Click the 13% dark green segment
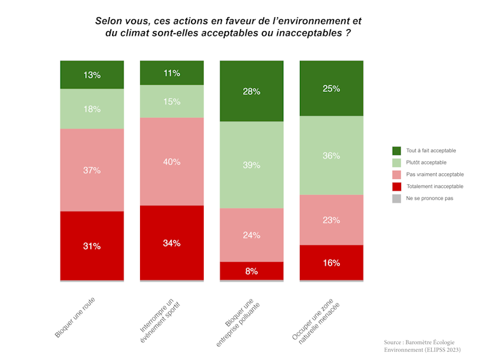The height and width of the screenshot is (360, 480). [x=92, y=75]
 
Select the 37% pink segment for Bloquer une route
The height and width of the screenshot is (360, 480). [x=92, y=170]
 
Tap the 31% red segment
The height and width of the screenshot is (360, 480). [x=92, y=245]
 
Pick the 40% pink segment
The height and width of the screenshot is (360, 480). [x=171, y=162]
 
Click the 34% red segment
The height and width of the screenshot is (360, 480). [x=171, y=243]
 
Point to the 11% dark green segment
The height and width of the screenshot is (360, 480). [x=171, y=73]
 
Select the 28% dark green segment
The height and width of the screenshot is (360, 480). [x=251, y=91]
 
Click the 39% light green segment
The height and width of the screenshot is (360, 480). [x=251, y=165]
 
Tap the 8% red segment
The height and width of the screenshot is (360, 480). [x=251, y=271]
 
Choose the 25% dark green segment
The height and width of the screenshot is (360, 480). [x=331, y=89]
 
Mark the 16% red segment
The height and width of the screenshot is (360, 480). [x=331, y=263]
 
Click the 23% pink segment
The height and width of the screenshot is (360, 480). [x=331, y=220]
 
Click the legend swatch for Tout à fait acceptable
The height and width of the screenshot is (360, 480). [x=397, y=150]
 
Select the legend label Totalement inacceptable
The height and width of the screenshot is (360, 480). [x=434, y=186]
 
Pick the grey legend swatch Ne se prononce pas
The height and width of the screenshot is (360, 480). [x=397, y=198]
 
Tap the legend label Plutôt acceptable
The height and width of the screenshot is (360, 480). [x=426, y=162]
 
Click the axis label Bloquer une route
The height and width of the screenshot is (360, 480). [x=77, y=315]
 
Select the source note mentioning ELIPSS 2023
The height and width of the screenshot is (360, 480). [x=422, y=350]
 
